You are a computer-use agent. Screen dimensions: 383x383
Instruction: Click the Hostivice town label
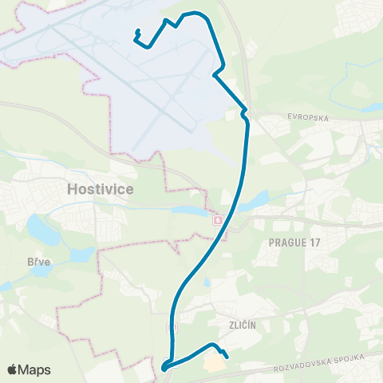point(101,189)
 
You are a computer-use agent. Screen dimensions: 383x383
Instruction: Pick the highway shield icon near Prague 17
point(219,220)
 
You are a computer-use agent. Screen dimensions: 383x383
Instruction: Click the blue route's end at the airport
point(139,31)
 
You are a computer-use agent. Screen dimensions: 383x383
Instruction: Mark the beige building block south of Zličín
point(214,362)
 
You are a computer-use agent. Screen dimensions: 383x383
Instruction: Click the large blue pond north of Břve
point(38,229)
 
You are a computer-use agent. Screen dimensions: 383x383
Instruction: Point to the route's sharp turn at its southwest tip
point(164,368)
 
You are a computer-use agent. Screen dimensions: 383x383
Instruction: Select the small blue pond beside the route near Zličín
point(207,282)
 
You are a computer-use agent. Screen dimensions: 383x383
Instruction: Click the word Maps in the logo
point(35,369)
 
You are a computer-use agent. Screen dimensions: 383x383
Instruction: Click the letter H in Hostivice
point(73,189)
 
